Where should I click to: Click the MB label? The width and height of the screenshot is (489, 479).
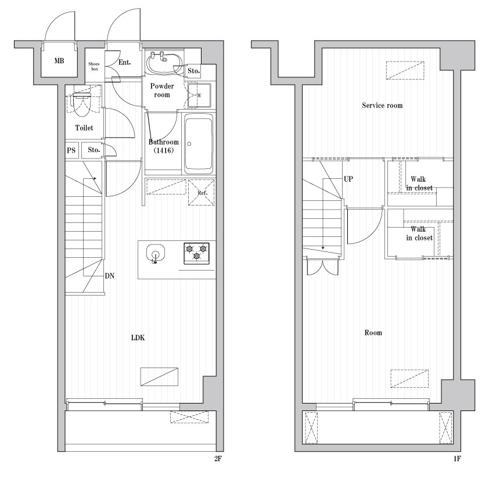pos(59,60)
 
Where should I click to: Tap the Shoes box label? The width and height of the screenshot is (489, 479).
pos(94,66)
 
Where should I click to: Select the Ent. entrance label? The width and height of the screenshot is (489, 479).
pos(124,62)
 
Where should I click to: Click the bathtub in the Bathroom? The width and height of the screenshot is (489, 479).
pos(199,143)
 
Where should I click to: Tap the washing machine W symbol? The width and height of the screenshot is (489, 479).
pos(199,95)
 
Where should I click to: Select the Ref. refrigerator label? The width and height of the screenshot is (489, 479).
pos(203,193)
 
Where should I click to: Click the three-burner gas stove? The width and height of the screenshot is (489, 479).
pos(196,253)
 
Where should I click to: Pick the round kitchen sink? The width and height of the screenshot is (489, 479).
pos(155,253)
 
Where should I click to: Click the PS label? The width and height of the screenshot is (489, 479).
pos(71,150)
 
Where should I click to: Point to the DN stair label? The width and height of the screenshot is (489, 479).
pos(110,276)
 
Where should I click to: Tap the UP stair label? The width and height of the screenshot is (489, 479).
pos(348,179)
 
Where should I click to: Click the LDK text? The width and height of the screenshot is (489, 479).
pos(138,338)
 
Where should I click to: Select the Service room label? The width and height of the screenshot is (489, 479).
pos(382,106)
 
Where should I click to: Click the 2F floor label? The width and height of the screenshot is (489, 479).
pos(218,459)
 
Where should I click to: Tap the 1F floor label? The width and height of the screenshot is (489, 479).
pos(457,459)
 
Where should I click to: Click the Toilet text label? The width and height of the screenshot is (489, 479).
pos(84,128)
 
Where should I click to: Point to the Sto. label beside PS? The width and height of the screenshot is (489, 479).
pos(94,150)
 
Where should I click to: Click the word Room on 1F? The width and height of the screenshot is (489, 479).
pos(373,333)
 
